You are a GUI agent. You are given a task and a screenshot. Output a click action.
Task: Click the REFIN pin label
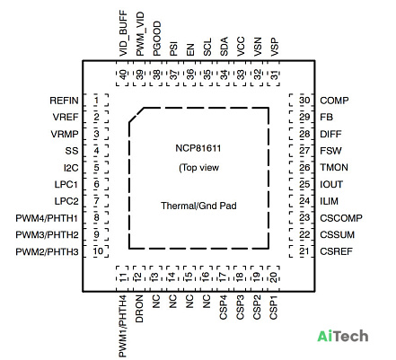pos(64,101)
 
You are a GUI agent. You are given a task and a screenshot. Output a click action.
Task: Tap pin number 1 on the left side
pos(96,101)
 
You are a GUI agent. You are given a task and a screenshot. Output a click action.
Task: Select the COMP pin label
pos(334,101)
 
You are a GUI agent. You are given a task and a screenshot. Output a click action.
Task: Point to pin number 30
pos(304,101)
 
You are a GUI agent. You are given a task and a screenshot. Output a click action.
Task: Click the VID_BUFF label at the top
pos(123,33)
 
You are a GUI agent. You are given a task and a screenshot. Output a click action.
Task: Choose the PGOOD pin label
pos(157,39)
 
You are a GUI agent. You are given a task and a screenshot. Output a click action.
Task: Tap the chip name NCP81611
pos(198,148)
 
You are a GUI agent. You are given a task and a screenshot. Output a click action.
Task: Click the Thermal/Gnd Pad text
pos(198,206)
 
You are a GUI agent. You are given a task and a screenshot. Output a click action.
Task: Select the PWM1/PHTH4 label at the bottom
pos(123,326)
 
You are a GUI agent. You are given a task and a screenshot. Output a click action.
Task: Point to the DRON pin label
pos(140,309)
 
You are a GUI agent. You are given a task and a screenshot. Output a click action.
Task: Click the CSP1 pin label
pos(274,307)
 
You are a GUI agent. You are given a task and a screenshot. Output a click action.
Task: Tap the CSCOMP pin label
pos(341,218)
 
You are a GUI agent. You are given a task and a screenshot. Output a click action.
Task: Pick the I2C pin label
pos(71,168)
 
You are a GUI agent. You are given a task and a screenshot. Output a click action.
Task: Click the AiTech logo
pos(343,336)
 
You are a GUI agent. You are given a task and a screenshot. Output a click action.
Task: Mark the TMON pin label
pos(334,168)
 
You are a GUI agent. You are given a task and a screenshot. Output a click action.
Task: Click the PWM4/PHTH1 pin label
pos(47,218)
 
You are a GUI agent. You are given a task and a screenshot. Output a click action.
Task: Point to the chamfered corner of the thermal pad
pos(136,115)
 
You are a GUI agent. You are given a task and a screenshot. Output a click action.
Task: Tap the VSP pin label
pos(275,47)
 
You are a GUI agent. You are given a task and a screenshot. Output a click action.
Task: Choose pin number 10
pos(98,251)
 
